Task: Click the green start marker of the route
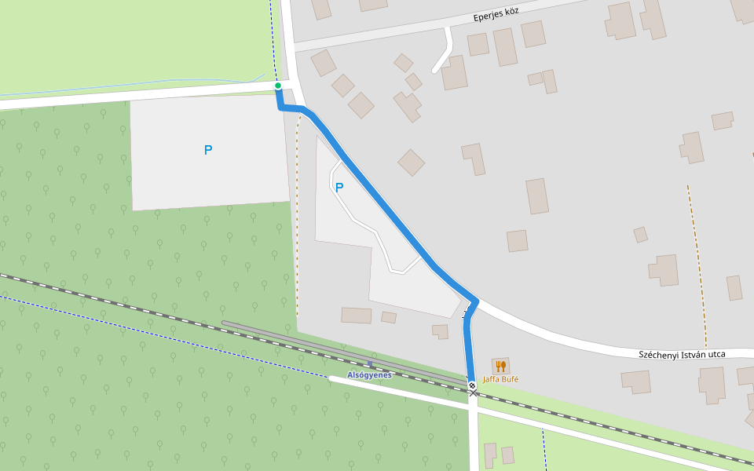[x=278, y=86]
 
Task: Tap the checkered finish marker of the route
[x=472, y=385]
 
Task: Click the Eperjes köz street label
[x=496, y=15]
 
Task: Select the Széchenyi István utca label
[x=682, y=355]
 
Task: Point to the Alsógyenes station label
[x=369, y=375]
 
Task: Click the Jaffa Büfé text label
[x=500, y=379]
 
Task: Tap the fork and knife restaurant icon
[x=500, y=366]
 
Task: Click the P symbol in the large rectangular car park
[x=208, y=150]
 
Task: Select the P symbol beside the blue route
[x=339, y=188]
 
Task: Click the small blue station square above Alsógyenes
[x=370, y=364]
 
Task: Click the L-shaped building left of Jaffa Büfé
[x=441, y=331]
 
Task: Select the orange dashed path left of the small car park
[x=297, y=220]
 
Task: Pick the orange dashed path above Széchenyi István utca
[x=697, y=267]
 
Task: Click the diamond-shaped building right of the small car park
[x=411, y=162]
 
